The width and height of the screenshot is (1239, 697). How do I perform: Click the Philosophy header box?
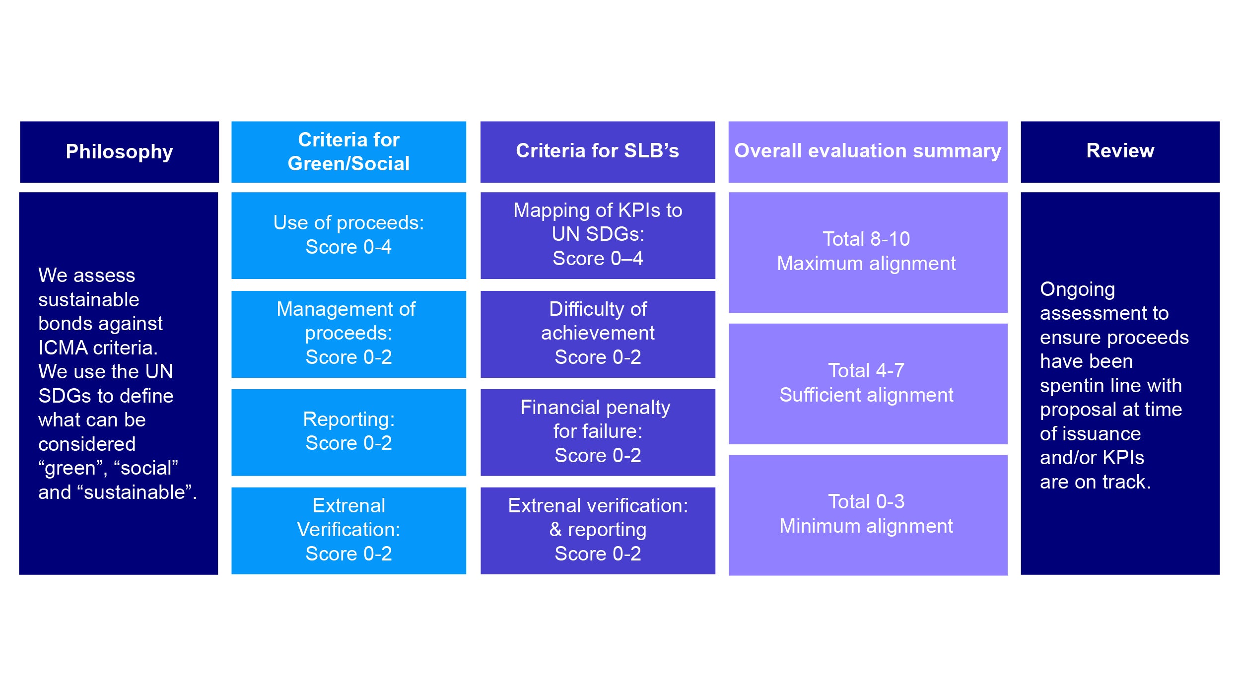tap(119, 151)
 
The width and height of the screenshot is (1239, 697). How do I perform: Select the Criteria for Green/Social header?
tap(348, 151)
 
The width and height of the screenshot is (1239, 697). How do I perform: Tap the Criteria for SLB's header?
tap(597, 151)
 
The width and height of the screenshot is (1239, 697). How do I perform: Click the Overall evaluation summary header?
tap(867, 151)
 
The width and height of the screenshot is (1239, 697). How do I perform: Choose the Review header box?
tap(1120, 151)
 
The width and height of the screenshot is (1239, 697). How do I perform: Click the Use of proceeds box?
tap(348, 235)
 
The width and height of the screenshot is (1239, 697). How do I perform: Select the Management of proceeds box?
tap(348, 334)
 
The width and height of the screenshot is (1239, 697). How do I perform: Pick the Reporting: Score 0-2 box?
tap(348, 431)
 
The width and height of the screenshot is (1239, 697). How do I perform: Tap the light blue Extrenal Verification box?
tap(348, 530)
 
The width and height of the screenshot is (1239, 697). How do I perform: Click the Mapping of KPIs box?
tap(597, 235)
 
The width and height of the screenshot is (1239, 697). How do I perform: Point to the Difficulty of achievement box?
tap(597, 334)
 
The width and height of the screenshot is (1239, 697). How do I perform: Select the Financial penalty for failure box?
tap(597, 431)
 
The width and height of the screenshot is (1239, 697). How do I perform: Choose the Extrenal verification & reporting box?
tap(597, 530)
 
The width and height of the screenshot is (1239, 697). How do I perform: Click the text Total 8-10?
tap(866, 239)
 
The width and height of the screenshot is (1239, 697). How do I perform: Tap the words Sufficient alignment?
tap(866, 395)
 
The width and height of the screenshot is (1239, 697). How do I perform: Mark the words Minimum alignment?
tap(866, 526)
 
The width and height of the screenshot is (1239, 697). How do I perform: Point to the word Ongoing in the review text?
tap(1077, 289)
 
